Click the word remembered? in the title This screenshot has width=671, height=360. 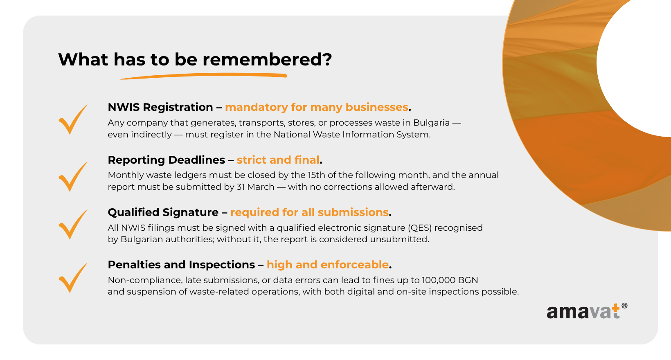267,59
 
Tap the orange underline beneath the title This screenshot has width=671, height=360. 204,76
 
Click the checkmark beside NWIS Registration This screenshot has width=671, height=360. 73,119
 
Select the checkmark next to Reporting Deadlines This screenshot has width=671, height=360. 73,176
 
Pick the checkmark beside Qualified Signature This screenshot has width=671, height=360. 73,224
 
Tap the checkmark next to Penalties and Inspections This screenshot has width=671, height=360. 73,278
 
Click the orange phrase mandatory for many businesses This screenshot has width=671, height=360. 317,107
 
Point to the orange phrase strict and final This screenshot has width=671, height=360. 278,160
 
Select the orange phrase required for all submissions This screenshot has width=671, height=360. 309,212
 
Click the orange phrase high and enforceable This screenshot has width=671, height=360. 328,265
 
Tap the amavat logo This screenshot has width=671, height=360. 587,311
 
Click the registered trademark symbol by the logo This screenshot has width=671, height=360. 625,306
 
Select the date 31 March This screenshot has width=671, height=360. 255,187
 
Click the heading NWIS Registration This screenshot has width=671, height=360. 160,107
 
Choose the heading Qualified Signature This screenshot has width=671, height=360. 163,212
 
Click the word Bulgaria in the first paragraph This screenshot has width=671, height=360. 431,123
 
